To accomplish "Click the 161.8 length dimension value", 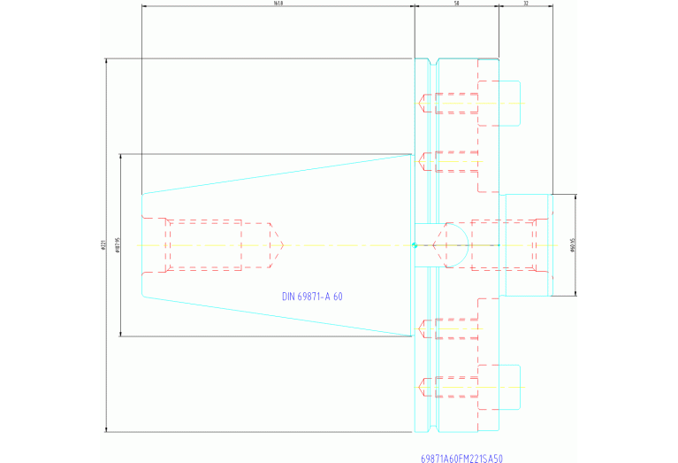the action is tap(278, 4).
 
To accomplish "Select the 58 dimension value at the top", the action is tap(456, 4).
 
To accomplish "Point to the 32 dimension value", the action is tap(526, 4).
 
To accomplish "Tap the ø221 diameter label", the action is tap(103, 245).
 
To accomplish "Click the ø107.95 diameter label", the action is tap(117, 245).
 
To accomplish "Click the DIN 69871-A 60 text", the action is tap(312, 297).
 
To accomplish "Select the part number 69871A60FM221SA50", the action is tap(461, 459).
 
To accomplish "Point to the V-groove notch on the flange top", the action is tap(433, 64).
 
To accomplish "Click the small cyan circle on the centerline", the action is tap(414, 245).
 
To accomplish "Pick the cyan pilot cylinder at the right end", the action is tap(527, 245).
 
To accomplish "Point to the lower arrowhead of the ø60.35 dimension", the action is tap(576, 293).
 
